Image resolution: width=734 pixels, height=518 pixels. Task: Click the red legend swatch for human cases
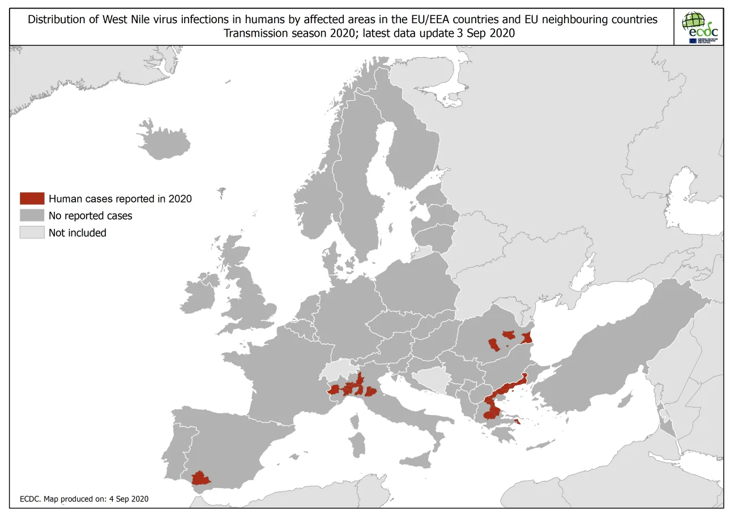(32, 199)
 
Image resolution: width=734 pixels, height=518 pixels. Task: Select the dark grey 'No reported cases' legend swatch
(32, 216)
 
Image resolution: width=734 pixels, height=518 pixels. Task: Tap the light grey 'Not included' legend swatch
(32, 233)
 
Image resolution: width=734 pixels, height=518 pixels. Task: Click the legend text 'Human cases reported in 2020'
(120, 199)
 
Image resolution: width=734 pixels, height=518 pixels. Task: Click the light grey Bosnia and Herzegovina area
(430, 380)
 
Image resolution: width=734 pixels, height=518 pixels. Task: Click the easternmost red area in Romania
(527, 338)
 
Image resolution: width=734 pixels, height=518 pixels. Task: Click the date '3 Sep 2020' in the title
(486, 33)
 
